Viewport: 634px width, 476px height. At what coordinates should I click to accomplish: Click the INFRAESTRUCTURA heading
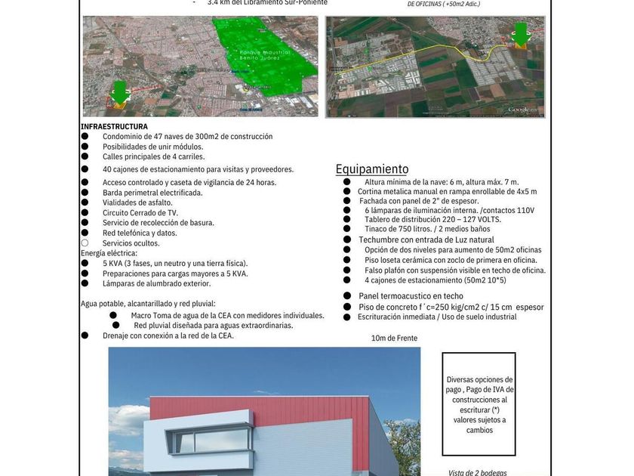[x=114, y=126]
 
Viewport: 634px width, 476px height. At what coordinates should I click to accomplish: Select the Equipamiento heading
[x=372, y=169]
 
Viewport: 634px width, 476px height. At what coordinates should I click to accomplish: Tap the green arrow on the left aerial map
[x=119, y=91]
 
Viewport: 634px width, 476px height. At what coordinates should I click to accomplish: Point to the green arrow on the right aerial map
[x=520, y=33]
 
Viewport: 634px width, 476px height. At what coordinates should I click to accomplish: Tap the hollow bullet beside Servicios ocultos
[x=85, y=243]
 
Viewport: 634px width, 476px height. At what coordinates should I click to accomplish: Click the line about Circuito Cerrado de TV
[x=140, y=212]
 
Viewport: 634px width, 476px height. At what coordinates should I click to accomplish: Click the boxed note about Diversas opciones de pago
[x=479, y=404]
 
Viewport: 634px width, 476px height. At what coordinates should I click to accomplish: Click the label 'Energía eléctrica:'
[x=109, y=253]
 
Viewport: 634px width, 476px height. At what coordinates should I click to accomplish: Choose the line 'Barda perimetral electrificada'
[x=152, y=193]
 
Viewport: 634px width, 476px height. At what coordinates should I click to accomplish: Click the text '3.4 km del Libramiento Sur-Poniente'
[x=267, y=3]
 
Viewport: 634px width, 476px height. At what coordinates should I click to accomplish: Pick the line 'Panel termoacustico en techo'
[x=411, y=296]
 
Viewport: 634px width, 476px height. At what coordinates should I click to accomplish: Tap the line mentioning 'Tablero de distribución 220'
[x=432, y=219]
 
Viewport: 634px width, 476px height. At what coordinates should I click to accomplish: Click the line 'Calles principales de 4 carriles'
[x=154, y=156]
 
